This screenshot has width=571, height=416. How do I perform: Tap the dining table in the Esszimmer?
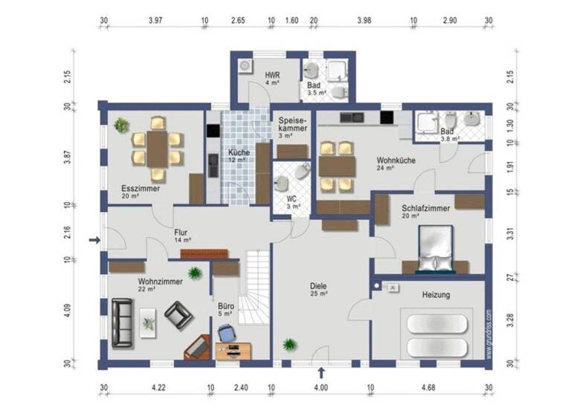point(157,148)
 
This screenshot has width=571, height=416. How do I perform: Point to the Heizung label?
point(436,295)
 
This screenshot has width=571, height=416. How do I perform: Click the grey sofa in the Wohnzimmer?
point(122,323)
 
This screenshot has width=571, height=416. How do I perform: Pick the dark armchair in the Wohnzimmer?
point(178,316)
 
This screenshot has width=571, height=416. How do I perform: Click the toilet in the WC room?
point(301,172)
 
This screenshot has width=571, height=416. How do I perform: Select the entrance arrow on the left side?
point(94,240)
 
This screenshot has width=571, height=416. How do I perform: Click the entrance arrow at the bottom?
point(321,372)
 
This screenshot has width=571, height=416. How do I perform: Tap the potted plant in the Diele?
point(289,345)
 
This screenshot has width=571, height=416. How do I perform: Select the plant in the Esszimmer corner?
point(120,125)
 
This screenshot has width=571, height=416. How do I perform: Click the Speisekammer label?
point(293,124)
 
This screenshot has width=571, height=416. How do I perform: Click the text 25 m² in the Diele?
point(320,294)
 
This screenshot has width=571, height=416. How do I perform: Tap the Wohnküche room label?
point(396,160)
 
